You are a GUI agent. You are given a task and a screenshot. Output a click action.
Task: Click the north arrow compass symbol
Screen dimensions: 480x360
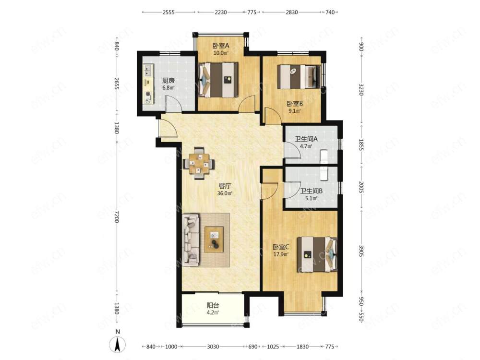coord(118,344)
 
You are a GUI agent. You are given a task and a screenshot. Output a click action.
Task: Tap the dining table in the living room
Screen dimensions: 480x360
coord(199,163)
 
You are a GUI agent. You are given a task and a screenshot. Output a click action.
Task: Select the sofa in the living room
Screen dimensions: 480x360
coord(191,240)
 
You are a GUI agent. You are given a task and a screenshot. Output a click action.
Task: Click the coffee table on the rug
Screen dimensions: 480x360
coord(214,240)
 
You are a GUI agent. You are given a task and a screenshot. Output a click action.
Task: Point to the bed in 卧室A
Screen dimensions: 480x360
coord(218,80)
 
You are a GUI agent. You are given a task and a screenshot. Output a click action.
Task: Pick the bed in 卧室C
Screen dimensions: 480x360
coord(317,254)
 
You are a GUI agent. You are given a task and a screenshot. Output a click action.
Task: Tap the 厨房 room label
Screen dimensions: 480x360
coord(168,81)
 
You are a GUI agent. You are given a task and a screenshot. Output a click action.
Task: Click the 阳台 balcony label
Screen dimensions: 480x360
coord(213,305)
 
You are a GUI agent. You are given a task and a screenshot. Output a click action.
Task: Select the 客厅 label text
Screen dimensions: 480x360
coord(225,186)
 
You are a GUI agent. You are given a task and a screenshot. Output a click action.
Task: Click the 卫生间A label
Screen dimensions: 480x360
coord(306,139)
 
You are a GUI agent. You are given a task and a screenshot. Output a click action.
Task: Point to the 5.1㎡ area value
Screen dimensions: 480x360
coord(312,198)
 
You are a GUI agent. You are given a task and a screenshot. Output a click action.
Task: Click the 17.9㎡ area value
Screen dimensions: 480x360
coord(281,254)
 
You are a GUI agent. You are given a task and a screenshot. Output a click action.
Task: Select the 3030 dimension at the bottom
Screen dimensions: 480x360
coord(213,347)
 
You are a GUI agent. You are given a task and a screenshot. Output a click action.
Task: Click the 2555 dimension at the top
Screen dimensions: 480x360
coord(168,12)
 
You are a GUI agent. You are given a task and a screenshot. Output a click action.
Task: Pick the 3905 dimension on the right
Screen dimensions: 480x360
coord(361,251)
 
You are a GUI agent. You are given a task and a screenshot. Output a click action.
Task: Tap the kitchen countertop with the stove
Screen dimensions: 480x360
coord(149,84)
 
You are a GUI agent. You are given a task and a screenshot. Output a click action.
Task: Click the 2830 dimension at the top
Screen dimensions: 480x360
coord(292,12)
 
